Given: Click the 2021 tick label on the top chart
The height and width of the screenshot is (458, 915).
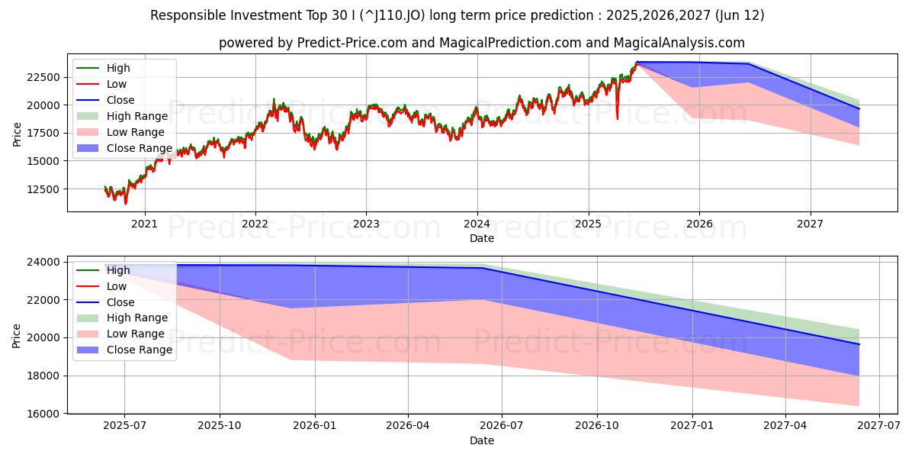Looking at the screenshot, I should tap(144, 224).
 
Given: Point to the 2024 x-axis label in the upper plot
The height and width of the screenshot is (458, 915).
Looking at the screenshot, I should tap(477, 224).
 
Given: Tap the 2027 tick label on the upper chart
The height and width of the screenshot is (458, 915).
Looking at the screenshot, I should tap(810, 224).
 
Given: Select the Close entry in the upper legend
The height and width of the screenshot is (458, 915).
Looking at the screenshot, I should tap(120, 100).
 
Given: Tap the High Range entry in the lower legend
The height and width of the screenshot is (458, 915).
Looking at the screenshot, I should tap(137, 318).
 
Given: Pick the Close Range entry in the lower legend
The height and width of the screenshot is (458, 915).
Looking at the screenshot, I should tap(140, 350).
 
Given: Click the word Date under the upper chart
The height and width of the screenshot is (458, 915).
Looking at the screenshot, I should tap(481, 238).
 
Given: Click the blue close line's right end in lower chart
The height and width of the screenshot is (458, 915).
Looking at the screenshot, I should tap(859, 344).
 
